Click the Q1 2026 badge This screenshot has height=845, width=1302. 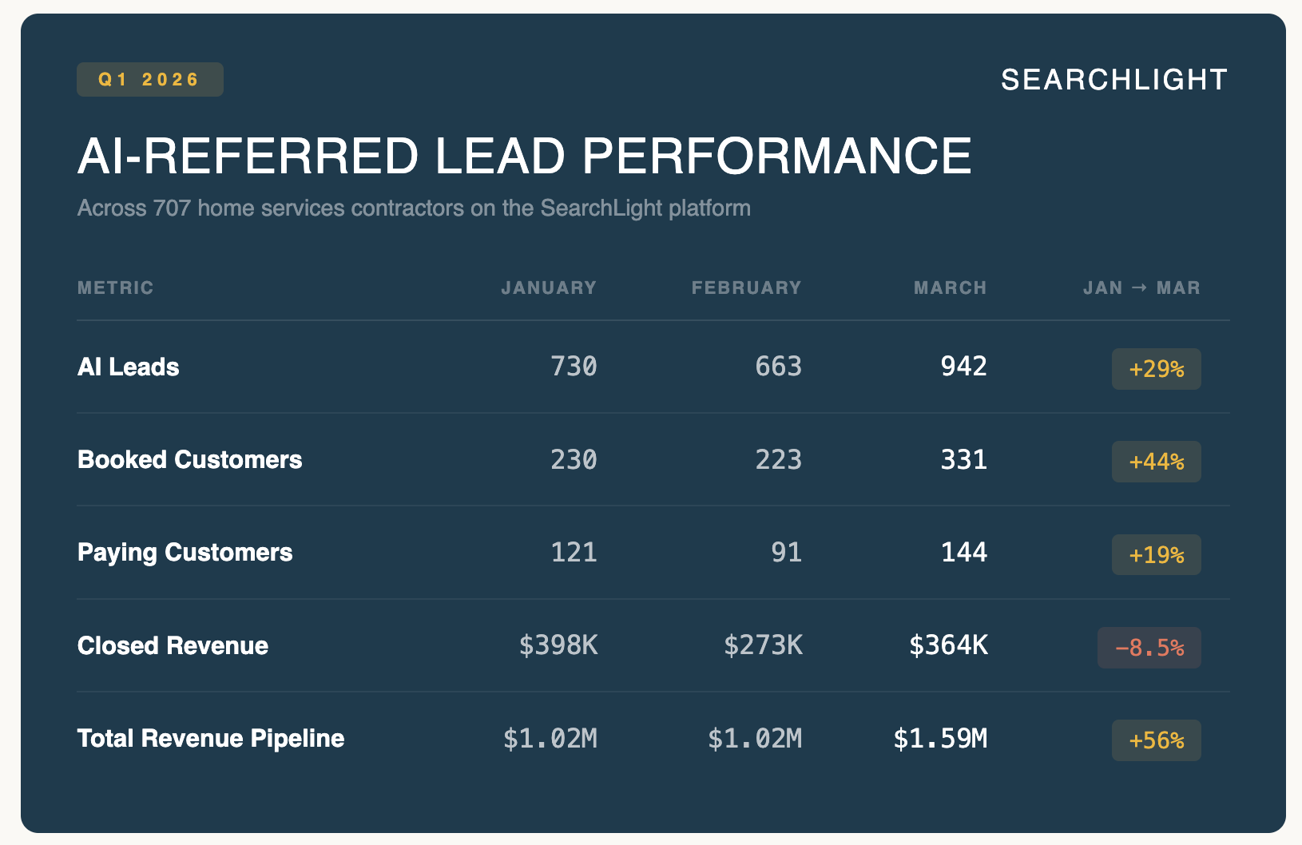pyautogui.click(x=150, y=80)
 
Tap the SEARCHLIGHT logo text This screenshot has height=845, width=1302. pyautogui.click(x=1114, y=80)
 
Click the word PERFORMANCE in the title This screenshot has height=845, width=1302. pyautogui.click(x=776, y=156)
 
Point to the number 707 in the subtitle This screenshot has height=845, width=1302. pyautogui.click(x=172, y=208)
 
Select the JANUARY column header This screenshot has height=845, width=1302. pyautogui.click(x=549, y=288)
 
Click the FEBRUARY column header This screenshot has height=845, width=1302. pyautogui.click(x=746, y=288)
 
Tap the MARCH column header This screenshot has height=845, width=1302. pyautogui.click(x=951, y=288)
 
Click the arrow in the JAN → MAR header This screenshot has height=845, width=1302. pyautogui.click(x=1139, y=287)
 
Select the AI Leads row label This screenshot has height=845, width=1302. pyautogui.click(x=129, y=367)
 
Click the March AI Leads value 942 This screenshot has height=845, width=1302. pyautogui.click(x=963, y=367)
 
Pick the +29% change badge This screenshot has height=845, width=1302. pyautogui.click(x=1156, y=369)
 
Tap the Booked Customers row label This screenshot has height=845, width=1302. pyautogui.click(x=189, y=460)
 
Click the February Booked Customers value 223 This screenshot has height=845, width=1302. pyautogui.click(x=778, y=460)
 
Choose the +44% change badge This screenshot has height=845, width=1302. pyautogui.click(x=1156, y=462)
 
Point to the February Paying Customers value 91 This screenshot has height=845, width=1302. pyautogui.click(x=787, y=553)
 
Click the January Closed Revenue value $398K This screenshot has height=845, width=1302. pyautogui.click(x=558, y=645)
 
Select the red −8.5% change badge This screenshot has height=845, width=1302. pyautogui.click(x=1149, y=648)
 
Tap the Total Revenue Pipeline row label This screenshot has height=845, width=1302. pyautogui.click(x=211, y=739)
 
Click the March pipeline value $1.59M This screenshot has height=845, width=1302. pyautogui.click(x=940, y=739)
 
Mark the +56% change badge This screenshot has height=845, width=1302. pyautogui.click(x=1156, y=740)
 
